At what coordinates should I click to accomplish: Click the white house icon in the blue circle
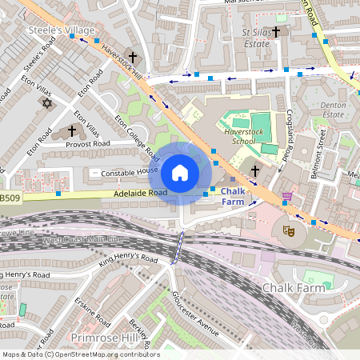coord(180,172)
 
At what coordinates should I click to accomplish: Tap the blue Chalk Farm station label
coord(237,197)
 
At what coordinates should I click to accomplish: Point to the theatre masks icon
coord(288,230)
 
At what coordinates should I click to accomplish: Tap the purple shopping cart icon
coord(286,196)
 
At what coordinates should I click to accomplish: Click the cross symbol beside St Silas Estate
coord(277,32)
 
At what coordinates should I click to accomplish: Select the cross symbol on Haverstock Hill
coord(133,58)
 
